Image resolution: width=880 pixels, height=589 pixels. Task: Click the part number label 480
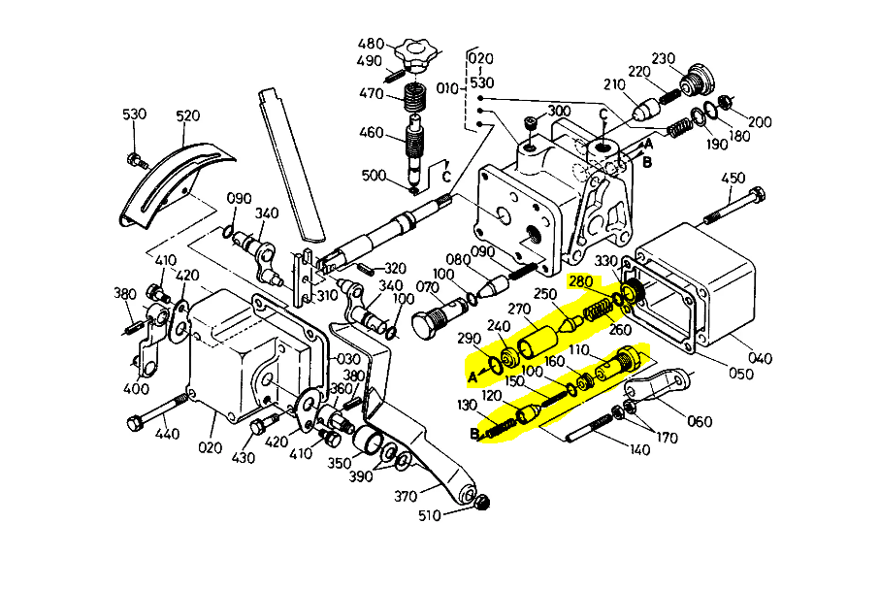click(x=370, y=44)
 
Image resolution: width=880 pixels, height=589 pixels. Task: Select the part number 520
click(x=187, y=116)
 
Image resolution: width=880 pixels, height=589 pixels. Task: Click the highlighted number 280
click(x=581, y=281)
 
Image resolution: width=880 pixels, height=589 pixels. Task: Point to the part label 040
click(x=761, y=359)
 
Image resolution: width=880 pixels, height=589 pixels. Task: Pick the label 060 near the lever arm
click(x=699, y=421)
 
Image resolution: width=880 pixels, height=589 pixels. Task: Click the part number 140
click(x=640, y=450)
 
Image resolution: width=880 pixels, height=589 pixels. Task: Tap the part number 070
click(x=427, y=288)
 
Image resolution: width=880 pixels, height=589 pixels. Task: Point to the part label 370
click(x=406, y=495)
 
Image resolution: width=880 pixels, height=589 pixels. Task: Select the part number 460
click(x=373, y=133)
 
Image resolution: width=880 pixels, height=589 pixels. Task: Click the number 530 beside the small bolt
click(x=134, y=115)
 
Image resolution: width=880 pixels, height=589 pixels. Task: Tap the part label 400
click(x=137, y=389)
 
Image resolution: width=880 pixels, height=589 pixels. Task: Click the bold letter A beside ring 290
click(x=473, y=376)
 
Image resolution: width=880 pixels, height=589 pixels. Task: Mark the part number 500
click(x=374, y=176)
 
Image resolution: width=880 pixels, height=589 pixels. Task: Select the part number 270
click(x=519, y=311)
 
